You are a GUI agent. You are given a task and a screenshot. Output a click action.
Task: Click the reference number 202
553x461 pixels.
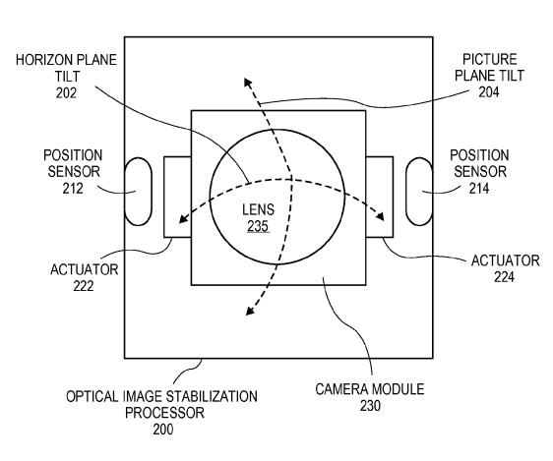pos(66,93)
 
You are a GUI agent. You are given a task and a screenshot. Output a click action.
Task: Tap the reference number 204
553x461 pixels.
pos(489,92)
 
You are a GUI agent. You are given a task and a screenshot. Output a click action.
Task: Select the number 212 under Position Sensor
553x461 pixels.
pos(73,189)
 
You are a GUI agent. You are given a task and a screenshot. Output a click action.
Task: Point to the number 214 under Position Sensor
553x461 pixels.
pos(479,189)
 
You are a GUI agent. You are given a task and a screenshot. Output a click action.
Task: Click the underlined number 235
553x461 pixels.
pos(258,226)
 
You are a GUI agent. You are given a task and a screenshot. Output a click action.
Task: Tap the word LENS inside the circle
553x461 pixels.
pos(258,210)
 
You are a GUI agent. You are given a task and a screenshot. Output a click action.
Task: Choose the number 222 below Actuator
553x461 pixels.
pos(84,286)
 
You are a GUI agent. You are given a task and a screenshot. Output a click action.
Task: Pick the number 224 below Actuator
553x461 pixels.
pos(504,277)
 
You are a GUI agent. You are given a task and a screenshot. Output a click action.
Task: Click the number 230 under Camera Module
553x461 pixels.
pos(370,406)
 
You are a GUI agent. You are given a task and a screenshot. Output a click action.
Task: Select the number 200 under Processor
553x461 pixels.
pos(163,430)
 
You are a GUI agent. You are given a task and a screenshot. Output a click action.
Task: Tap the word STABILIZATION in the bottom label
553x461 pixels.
pos(212,396)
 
